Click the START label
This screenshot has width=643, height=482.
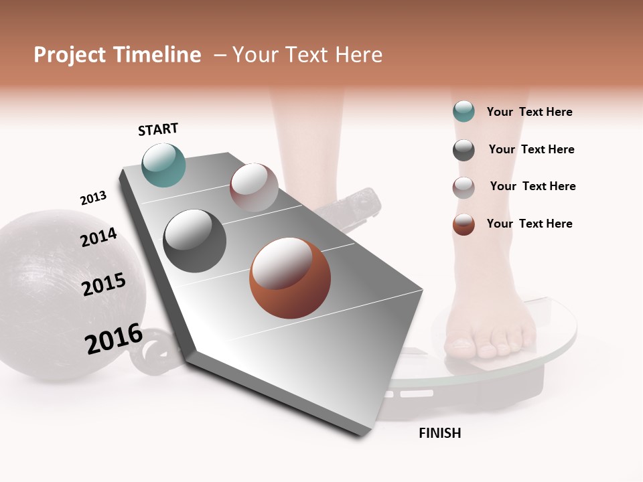158,129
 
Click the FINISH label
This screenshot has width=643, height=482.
439,433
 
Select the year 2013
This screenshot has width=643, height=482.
93,198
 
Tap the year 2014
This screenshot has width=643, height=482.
98,237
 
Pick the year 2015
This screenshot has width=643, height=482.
104,284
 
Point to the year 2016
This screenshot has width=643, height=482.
114,339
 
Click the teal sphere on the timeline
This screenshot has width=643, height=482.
164,165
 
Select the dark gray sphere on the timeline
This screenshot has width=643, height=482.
195,241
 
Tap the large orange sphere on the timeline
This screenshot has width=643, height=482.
290,278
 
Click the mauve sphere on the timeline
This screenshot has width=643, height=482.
254,187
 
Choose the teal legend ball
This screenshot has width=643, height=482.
463,112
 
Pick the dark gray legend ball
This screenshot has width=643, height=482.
463,150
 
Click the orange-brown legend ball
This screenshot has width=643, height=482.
463,224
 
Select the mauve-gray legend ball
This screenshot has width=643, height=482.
463,187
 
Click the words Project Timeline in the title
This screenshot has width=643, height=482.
117,55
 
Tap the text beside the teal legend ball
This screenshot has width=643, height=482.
529,112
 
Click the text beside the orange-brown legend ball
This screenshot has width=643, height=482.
529,224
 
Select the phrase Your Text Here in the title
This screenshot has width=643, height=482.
307,55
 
